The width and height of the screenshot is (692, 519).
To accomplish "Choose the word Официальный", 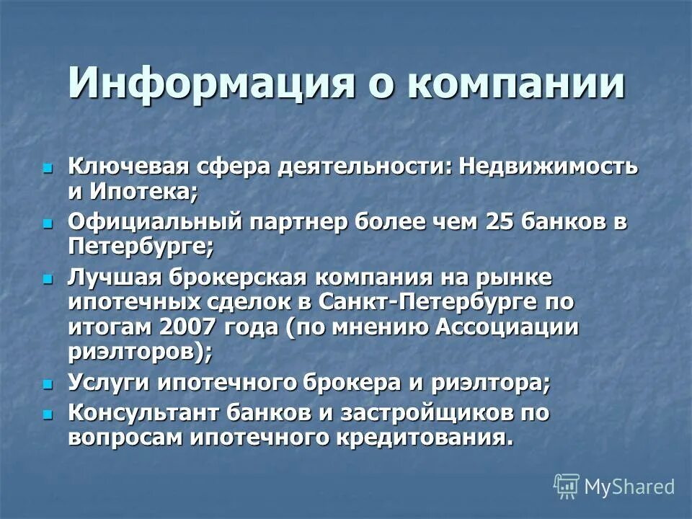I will (154, 223).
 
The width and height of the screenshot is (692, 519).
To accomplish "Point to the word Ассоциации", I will (507, 326).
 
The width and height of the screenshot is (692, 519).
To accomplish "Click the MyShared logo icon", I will (567, 486).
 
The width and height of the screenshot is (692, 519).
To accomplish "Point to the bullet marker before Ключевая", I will (48, 168).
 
